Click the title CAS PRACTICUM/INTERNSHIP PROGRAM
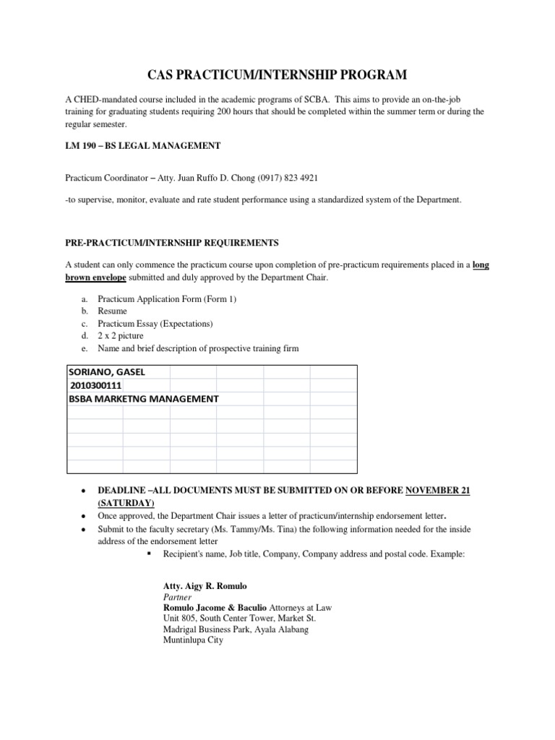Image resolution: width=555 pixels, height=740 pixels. (277, 74)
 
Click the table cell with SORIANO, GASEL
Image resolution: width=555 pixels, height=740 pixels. (107, 371)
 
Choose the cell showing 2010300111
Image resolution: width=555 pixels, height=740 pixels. (96, 385)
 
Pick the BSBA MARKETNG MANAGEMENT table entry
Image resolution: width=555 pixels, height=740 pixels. (144, 398)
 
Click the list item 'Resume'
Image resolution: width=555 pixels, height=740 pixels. (112, 311)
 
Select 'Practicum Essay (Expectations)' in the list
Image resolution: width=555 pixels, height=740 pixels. (155, 324)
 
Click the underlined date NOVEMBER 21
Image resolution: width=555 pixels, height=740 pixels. (438, 491)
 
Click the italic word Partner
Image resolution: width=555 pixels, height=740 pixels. (177, 598)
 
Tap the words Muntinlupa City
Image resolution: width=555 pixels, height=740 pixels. (194, 640)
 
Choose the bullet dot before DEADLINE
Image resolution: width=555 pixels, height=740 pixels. (86, 491)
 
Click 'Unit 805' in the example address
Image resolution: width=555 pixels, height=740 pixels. (181, 619)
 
